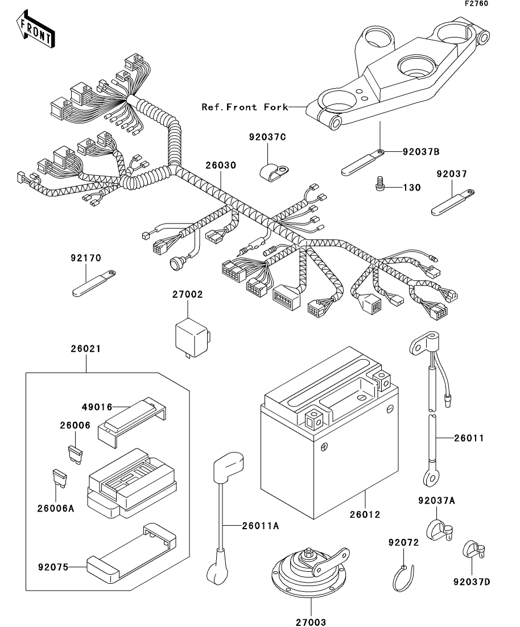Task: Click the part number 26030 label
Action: pos(221,165)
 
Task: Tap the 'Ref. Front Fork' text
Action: pos(245,107)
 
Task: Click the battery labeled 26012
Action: pos(329,433)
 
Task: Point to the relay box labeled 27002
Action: pos(192,338)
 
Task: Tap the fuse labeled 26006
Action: pos(75,455)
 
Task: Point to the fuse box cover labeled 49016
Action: pos(132,420)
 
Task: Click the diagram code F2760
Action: pos(476,3)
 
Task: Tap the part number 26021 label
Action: pos(86,348)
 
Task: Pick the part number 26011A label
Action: pos(260,526)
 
